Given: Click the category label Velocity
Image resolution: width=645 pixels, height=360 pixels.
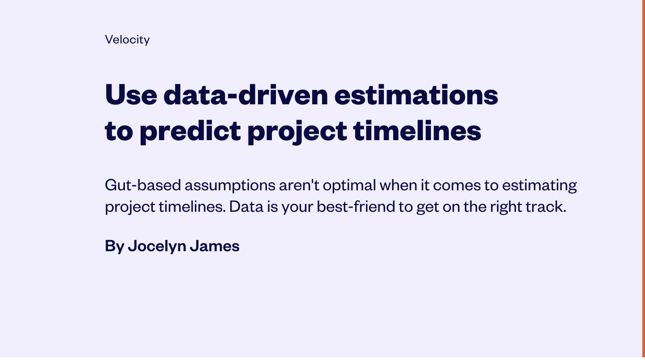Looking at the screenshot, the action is [x=127, y=40].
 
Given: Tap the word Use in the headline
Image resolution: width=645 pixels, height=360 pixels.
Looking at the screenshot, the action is [x=131, y=94].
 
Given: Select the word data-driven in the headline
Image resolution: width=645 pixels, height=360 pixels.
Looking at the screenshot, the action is [x=245, y=94].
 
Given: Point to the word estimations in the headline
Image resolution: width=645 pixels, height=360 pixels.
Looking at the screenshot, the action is [x=417, y=94].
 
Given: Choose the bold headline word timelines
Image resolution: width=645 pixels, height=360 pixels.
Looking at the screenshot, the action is [x=417, y=130].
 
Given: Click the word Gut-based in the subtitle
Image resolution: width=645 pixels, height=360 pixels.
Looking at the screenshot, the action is [x=143, y=185].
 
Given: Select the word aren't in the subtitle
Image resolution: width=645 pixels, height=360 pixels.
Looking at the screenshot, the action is [x=299, y=185].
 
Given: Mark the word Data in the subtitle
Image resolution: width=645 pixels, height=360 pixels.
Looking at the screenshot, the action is [x=246, y=206].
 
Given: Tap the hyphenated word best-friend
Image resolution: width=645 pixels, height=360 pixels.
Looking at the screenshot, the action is [x=356, y=206].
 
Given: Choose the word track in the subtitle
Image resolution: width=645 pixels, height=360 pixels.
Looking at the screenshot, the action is [x=546, y=206].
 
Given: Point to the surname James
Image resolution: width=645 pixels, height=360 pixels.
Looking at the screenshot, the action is [x=215, y=246].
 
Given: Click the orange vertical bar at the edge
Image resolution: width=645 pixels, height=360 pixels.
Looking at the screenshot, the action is [x=644, y=180].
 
